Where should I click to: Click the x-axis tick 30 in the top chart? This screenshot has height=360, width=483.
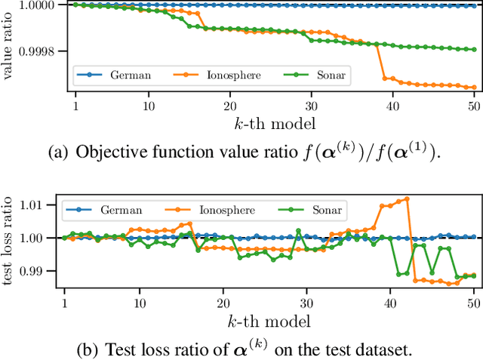pyautogui.click(x=310, y=106)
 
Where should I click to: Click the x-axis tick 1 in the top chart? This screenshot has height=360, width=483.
pyautogui.click(x=75, y=106)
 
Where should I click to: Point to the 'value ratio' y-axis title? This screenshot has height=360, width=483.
pyautogui.click(x=8, y=45)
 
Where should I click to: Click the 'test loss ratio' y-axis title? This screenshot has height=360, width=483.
pyautogui.click(x=8, y=238)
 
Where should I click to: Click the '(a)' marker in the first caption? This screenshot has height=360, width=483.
pyautogui.click(x=58, y=152)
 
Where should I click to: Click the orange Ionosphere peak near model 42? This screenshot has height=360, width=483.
pyautogui.click(x=407, y=199)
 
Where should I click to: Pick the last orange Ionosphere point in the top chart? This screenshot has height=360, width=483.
pyautogui.click(x=473, y=88)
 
